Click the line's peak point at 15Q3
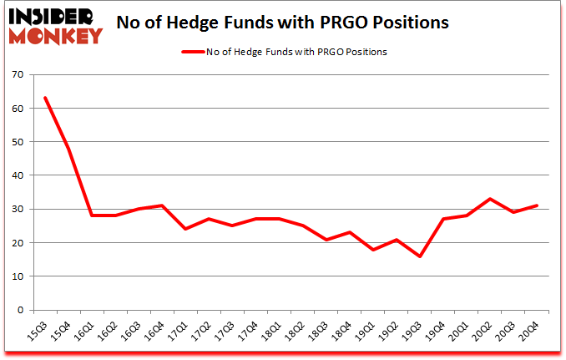[x=45, y=98]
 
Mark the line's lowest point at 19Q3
[x=420, y=256]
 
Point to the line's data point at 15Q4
[x=68, y=149]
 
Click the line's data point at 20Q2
[x=490, y=199]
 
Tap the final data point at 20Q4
[x=537, y=205]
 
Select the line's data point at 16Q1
[x=92, y=215]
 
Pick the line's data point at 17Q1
[x=185, y=229]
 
